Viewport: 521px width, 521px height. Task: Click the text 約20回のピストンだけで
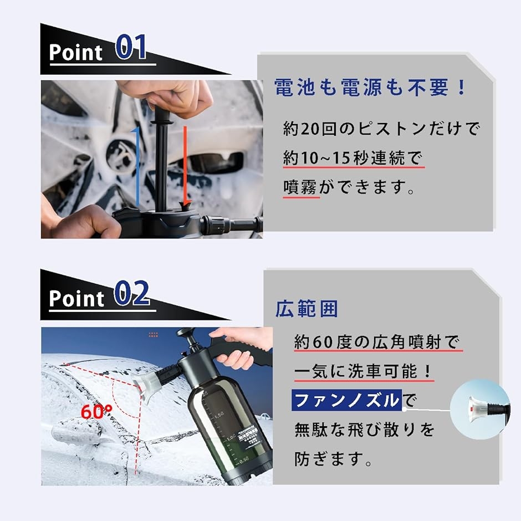point(381,129)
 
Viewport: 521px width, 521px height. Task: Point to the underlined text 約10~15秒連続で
point(353,159)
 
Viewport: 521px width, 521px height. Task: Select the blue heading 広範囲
point(307,309)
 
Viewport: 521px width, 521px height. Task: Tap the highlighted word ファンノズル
point(346,399)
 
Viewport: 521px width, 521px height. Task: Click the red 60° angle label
point(96,412)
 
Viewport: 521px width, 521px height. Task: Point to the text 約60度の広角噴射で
point(377,341)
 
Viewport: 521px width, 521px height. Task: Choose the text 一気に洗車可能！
point(363,371)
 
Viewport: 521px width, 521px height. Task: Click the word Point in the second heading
point(76,299)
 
